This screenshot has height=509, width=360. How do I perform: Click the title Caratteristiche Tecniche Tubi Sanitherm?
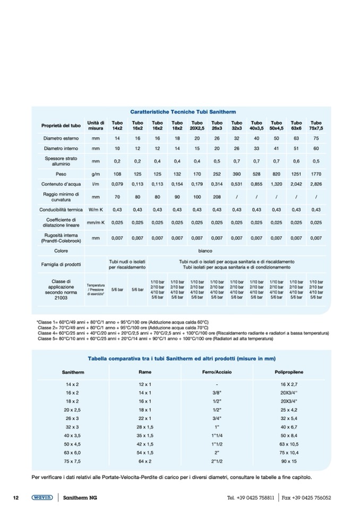183,112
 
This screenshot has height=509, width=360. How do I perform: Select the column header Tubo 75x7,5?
316,125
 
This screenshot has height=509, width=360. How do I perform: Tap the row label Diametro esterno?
61,138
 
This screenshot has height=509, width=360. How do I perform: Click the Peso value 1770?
316,174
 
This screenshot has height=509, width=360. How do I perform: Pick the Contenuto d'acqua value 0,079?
117,184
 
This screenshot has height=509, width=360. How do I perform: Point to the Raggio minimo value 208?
217,196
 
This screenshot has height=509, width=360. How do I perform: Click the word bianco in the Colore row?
205,251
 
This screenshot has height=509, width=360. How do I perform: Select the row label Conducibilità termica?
61,209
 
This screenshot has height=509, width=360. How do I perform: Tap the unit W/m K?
96,209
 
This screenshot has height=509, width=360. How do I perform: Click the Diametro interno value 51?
296,148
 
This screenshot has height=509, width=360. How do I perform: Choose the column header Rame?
145,372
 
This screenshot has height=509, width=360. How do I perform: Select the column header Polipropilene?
289,372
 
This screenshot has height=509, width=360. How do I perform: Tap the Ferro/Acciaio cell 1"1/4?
217,435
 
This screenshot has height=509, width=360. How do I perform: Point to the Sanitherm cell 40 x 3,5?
72,435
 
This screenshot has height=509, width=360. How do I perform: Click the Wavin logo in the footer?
42,498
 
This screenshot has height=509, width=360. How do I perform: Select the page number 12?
16,498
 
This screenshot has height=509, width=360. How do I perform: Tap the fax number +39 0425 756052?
313,498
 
